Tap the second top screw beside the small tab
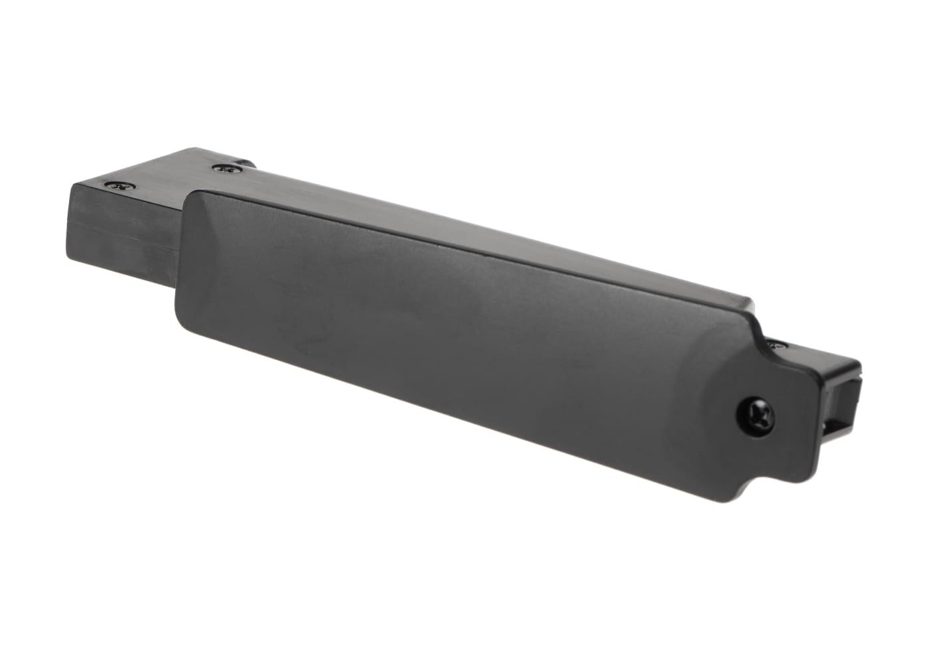click(x=226, y=169)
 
